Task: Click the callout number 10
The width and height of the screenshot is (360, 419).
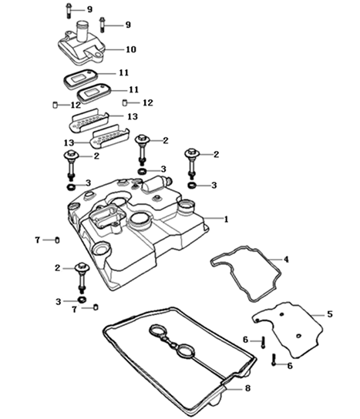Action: [x=131, y=49]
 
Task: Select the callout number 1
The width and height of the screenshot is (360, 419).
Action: [x=227, y=219]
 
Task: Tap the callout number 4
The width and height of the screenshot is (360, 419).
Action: [x=286, y=260]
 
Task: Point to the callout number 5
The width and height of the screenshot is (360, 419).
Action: [x=330, y=314]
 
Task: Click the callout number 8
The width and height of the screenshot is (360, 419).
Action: [x=248, y=388]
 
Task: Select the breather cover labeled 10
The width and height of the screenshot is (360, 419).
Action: [x=82, y=48]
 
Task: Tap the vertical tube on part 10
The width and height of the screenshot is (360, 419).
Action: [x=82, y=31]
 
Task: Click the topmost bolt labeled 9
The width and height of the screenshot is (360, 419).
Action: [x=68, y=11]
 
